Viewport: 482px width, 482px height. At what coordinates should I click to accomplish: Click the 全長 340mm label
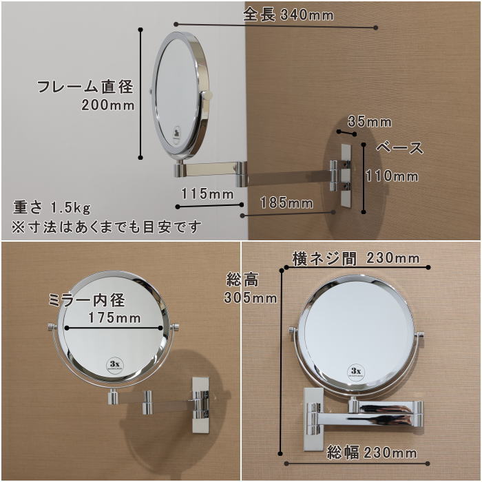click(x=288, y=14)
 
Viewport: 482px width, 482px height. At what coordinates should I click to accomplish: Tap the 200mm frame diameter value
click(x=108, y=105)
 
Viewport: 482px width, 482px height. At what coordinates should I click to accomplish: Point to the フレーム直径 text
click(x=85, y=86)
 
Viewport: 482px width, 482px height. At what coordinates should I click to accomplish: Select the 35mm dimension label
click(x=370, y=122)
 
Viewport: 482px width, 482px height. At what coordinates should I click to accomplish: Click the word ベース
click(x=399, y=148)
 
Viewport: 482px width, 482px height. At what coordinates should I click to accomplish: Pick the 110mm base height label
click(x=392, y=176)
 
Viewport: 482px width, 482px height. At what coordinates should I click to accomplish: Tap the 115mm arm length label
click(x=207, y=194)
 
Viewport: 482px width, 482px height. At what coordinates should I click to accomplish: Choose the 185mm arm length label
click(x=286, y=203)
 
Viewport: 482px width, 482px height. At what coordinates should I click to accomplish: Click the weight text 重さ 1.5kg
click(x=52, y=207)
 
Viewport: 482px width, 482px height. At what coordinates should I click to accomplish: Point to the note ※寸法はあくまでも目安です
click(x=106, y=227)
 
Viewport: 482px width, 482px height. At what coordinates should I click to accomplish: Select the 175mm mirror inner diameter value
click(x=114, y=317)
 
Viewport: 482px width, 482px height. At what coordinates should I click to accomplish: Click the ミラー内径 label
click(x=87, y=300)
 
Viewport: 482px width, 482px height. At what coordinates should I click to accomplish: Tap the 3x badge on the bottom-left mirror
click(x=115, y=365)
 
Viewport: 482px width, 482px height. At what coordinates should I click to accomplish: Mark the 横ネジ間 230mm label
click(x=356, y=258)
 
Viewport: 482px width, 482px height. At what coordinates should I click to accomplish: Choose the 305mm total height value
click(x=250, y=297)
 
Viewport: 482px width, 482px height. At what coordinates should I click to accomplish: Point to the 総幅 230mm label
click(x=372, y=452)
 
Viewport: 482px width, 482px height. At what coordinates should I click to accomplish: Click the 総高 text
click(x=242, y=280)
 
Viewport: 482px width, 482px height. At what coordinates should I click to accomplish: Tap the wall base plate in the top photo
click(x=346, y=176)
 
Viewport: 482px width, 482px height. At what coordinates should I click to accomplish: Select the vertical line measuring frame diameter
click(x=140, y=94)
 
